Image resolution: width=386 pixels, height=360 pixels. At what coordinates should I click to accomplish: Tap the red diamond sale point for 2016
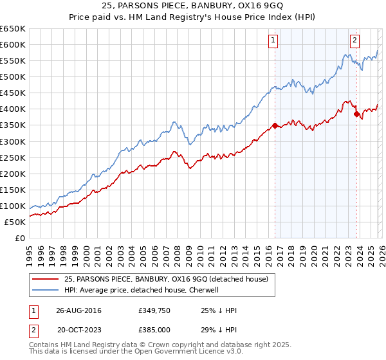(x=275, y=125)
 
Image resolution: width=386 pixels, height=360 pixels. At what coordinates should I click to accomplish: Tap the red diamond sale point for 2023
(x=356, y=114)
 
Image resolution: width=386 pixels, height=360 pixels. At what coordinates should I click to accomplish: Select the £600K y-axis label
(x=13, y=44)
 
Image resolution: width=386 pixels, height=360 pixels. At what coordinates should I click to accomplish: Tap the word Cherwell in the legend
(x=205, y=290)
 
